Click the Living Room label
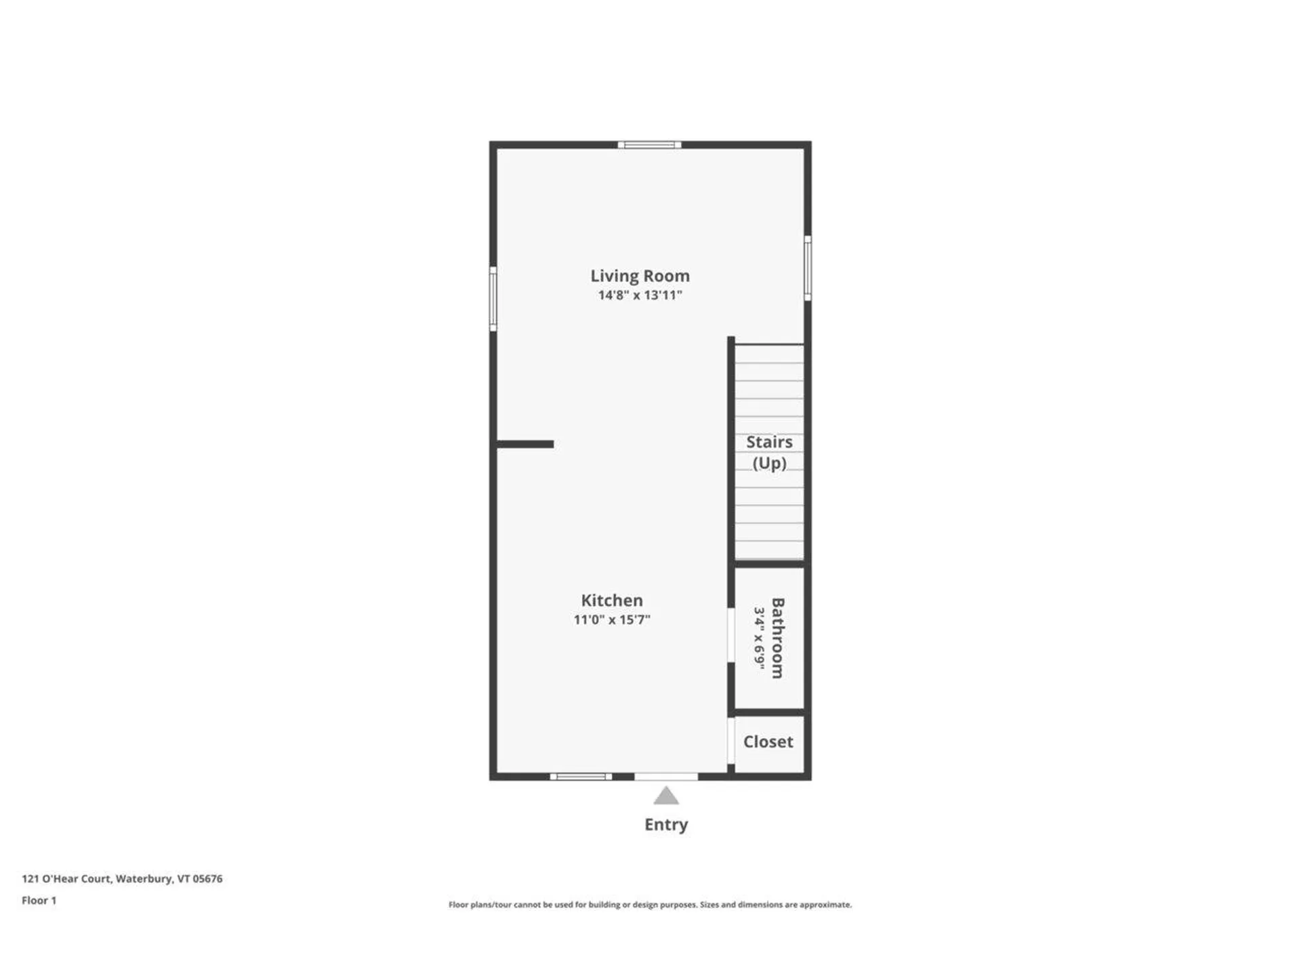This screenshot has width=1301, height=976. pos(640,276)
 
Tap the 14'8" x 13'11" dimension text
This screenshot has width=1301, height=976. pos(640,296)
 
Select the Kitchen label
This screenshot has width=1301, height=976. pos(611,601)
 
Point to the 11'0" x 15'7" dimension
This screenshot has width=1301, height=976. pos(611,619)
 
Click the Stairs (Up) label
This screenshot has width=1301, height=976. pos(769,452)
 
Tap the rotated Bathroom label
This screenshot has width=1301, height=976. pos(778,638)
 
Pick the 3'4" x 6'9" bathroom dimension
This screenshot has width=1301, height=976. pos(760,638)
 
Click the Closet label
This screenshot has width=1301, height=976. pos(768,741)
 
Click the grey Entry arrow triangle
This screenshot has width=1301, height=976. pos(666,796)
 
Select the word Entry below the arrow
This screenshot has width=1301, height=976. pos(666,825)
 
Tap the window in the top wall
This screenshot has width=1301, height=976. pos(649,144)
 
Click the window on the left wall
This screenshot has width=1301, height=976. pos(493,299)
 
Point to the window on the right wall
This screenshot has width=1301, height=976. pos(808,268)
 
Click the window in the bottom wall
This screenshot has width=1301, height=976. pos(581,777)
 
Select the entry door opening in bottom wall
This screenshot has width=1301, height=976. pos(666,777)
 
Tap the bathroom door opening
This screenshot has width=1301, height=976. pos(731,634)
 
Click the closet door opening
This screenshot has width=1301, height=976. pos(731,741)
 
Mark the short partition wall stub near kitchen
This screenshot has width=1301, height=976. pos(525,444)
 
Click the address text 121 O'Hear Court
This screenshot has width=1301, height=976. pos(122,878)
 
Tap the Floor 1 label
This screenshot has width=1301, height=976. pos(39,900)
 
